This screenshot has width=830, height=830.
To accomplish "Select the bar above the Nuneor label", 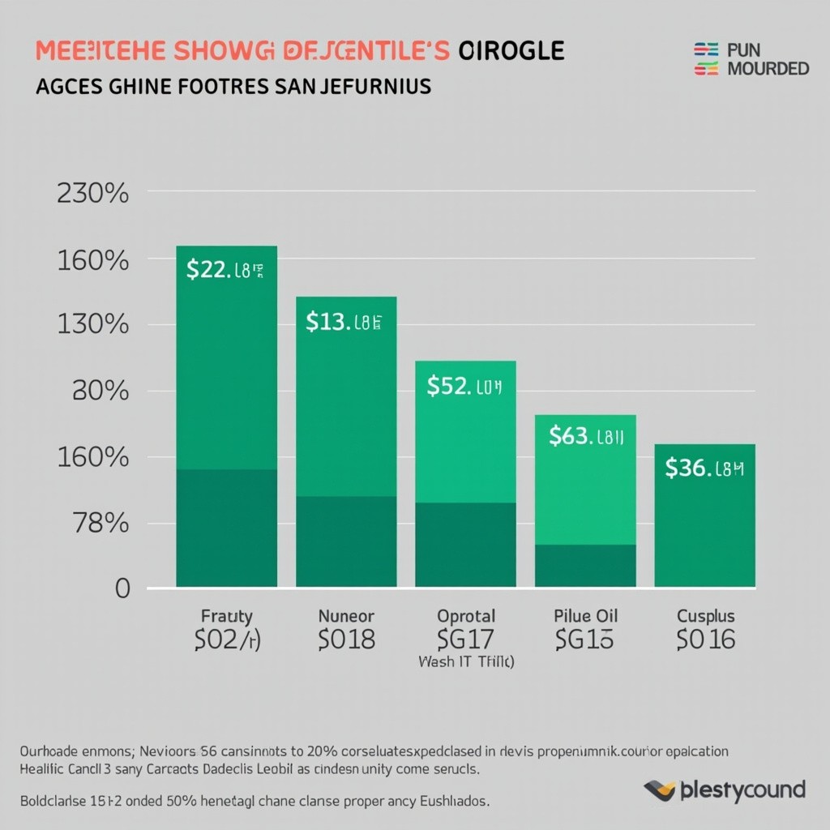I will click(x=346, y=442).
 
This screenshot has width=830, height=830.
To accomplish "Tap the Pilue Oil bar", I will click(x=585, y=501).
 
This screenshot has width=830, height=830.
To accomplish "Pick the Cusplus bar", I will click(x=704, y=516).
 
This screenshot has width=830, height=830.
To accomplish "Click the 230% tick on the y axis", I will click(x=93, y=195).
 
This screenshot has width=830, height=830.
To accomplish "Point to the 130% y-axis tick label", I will click(x=93, y=325).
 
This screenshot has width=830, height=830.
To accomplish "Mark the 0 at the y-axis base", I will click(x=122, y=588).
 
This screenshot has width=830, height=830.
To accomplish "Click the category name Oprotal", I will click(x=465, y=616).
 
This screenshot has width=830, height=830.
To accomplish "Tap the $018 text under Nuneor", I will click(x=346, y=640).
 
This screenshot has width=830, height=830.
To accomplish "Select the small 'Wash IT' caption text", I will click(x=466, y=661).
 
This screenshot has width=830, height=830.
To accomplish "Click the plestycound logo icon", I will click(x=660, y=790).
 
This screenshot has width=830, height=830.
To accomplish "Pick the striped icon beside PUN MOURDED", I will click(x=707, y=60).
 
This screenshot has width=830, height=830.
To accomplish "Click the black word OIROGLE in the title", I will click(x=511, y=50).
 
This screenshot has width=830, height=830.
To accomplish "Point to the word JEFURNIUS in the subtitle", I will click(x=364, y=86).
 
